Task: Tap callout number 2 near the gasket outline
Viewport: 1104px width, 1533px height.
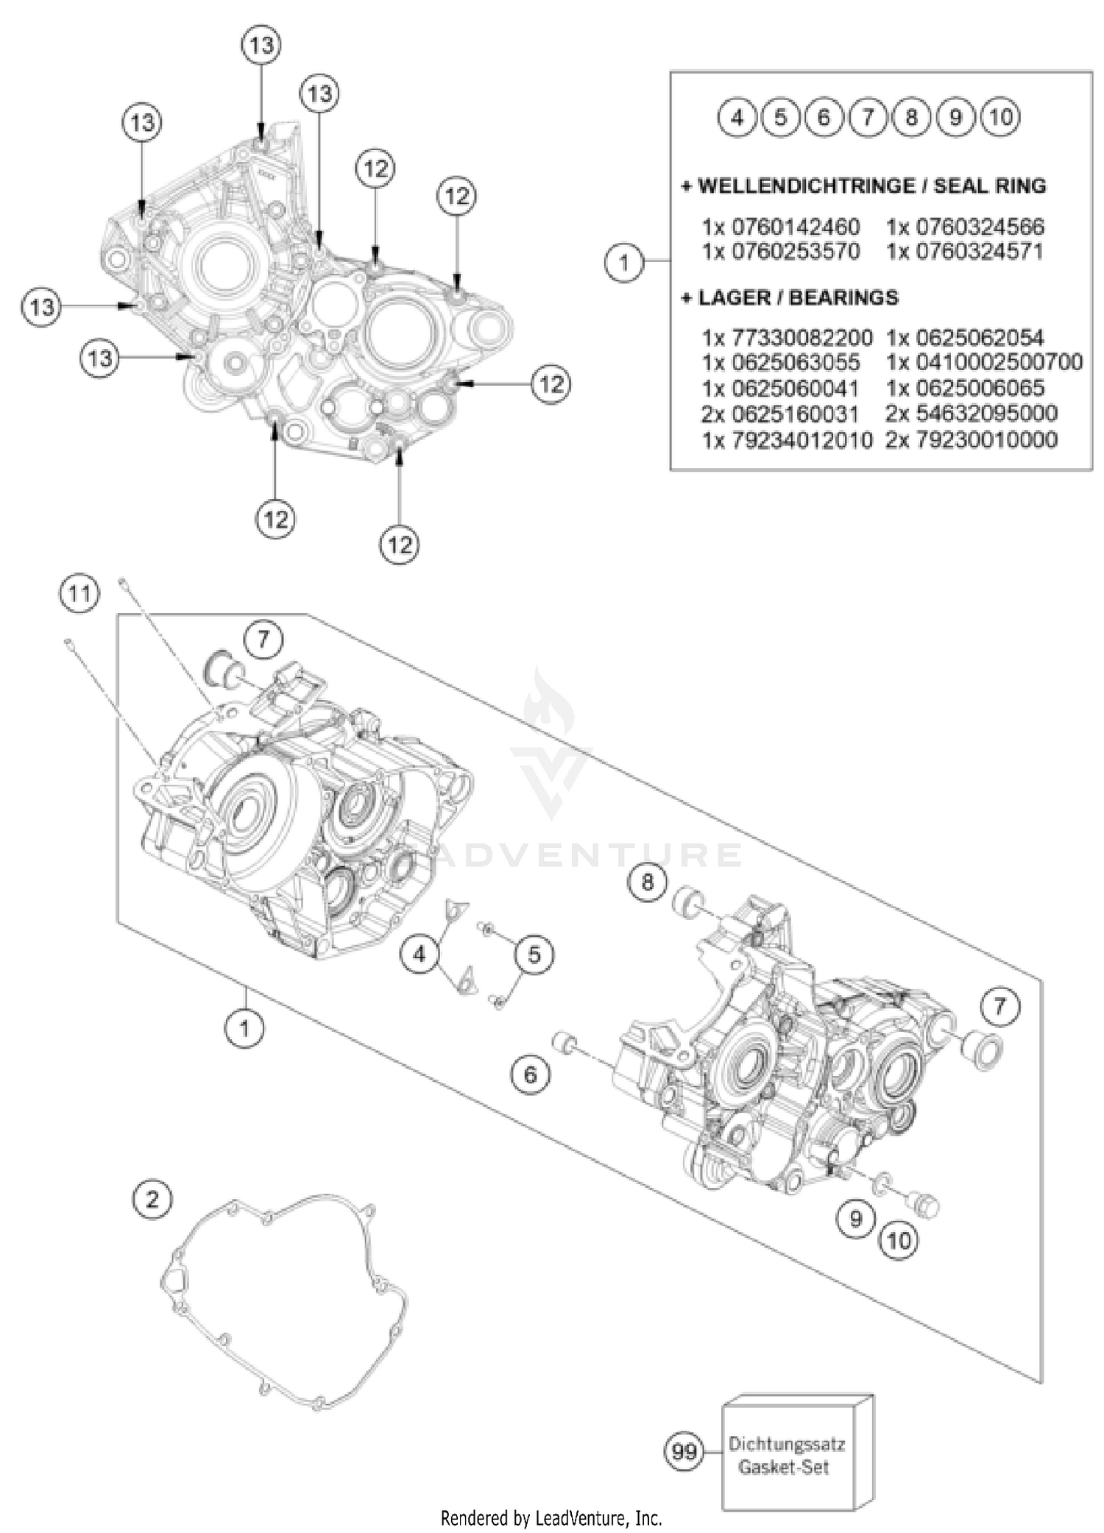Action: (152, 1200)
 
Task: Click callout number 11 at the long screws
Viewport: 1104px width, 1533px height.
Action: (79, 593)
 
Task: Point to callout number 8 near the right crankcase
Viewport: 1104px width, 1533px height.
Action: (648, 881)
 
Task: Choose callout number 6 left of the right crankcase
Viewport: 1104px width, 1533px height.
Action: (531, 1075)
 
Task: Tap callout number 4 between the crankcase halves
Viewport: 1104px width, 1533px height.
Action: (420, 955)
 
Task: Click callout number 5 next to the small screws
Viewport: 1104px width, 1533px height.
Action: (534, 955)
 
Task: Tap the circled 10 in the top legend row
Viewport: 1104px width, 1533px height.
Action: (1001, 117)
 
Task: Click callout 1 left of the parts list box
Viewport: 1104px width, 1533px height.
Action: (624, 261)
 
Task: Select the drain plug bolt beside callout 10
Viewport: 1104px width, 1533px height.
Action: (925, 1205)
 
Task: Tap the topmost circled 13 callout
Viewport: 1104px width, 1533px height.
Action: (261, 46)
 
